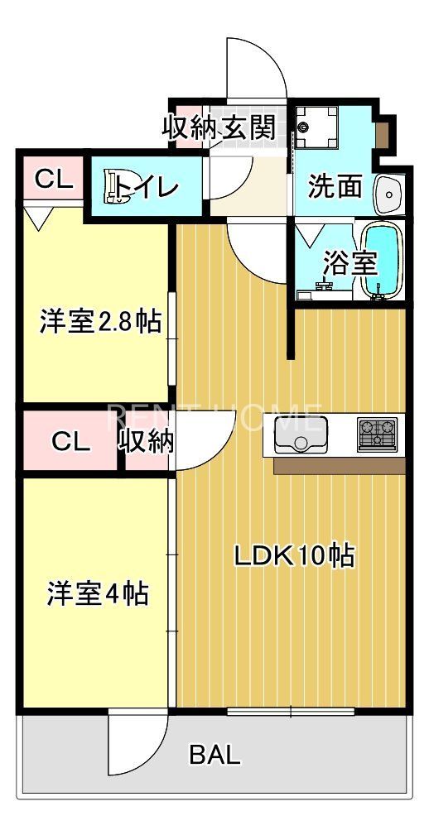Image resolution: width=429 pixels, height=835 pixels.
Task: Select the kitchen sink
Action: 301,434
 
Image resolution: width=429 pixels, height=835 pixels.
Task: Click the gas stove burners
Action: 378,434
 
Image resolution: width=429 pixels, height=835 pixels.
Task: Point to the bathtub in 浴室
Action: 382,260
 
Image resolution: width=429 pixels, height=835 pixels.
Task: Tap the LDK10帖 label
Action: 294,555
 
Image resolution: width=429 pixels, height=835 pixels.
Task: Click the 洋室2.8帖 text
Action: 100,322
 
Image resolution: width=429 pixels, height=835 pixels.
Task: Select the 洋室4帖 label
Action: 98,593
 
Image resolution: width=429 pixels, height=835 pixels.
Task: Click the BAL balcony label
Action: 215,754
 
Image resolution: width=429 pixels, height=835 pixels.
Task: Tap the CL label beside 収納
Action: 70,441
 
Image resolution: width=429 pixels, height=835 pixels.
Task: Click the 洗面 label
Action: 335,187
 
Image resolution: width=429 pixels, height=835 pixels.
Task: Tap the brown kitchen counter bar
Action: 339,466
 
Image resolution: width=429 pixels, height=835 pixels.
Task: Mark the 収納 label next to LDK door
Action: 147,441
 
